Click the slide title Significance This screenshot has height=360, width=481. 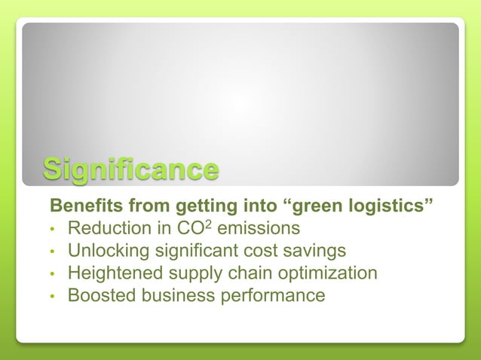pos(130,169)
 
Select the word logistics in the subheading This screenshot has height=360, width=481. pos(395,206)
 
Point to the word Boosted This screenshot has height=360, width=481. pos(97,295)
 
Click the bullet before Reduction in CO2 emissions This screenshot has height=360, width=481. pos(53,228)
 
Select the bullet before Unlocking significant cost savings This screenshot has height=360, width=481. pos(53,251)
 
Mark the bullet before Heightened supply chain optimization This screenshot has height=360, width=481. pos(53,273)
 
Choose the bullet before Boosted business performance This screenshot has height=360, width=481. pos(53,296)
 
